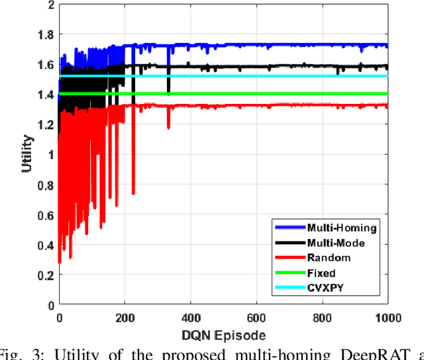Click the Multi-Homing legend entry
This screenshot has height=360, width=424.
(x=342, y=228)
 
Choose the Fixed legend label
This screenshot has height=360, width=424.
(x=322, y=273)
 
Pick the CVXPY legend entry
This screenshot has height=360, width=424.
(x=324, y=287)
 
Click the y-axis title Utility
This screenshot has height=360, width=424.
(x=26, y=155)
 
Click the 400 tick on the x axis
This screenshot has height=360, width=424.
(x=190, y=317)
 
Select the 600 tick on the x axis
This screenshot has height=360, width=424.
(x=256, y=317)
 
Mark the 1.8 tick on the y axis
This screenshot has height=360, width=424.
(x=44, y=34)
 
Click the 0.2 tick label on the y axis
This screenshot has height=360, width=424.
(x=44, y=275)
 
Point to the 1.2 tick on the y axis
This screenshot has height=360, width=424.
(x=44, y=124)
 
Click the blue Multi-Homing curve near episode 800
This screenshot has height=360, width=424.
(x=321, y=46)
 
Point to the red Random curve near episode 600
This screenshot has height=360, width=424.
(x=256, y=105)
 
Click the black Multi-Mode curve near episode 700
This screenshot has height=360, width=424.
(x=289, y=67)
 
